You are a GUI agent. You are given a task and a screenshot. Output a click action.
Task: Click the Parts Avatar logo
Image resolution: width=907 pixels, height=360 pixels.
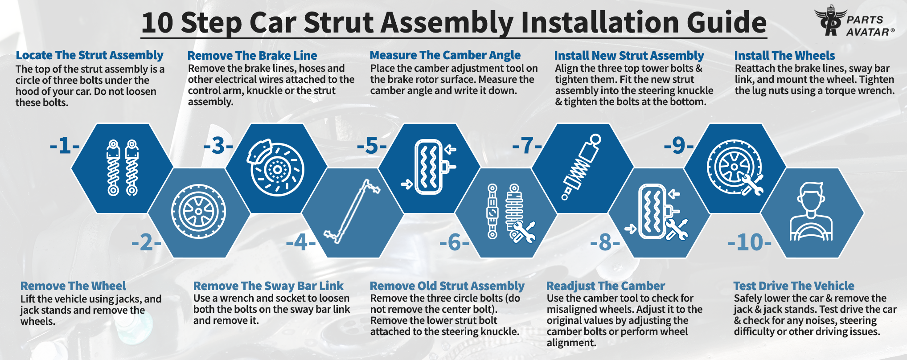pos(854,22)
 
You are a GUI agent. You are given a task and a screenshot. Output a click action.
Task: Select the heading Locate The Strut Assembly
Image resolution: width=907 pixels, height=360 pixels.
pos(90,55)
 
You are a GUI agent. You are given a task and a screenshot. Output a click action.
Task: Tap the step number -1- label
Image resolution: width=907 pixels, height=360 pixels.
pos(65,146)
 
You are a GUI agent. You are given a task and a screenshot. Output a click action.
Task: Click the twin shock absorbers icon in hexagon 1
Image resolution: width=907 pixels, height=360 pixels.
pos(122,168)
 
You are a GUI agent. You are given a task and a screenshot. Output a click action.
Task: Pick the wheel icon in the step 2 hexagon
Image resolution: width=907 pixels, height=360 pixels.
pos(198,212)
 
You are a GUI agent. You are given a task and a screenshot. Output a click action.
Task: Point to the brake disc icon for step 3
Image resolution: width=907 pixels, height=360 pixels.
pos(275,168)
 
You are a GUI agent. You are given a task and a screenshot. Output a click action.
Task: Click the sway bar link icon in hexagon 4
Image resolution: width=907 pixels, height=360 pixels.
pos(352,211)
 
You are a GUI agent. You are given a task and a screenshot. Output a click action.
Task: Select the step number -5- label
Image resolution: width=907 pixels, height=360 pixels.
pos(372,146)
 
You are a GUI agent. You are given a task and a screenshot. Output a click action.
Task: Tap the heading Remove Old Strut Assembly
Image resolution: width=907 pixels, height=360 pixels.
pos(447,286)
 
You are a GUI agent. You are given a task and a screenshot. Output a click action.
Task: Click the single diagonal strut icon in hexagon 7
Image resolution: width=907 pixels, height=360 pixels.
pos(582,167)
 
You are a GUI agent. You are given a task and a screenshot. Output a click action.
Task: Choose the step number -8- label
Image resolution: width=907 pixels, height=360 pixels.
pos(605,243)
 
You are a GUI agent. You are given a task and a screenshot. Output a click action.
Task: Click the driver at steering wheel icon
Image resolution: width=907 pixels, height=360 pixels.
pos(811,212)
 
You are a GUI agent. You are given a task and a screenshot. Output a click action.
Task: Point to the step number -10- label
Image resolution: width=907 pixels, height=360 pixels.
pos(749,243)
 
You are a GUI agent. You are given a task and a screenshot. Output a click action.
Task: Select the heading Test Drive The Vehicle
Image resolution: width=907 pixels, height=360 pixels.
pos(794,286)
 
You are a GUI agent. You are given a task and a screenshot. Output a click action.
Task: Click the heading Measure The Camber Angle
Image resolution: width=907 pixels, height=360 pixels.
pos(445,55)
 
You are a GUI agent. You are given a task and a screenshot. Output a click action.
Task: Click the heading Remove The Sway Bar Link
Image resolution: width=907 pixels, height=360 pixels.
pos(268,286)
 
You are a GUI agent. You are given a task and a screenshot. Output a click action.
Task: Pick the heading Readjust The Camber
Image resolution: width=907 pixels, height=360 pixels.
pos(605,286)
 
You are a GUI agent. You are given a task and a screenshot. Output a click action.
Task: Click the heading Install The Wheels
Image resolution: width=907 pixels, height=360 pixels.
pos(784,55)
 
